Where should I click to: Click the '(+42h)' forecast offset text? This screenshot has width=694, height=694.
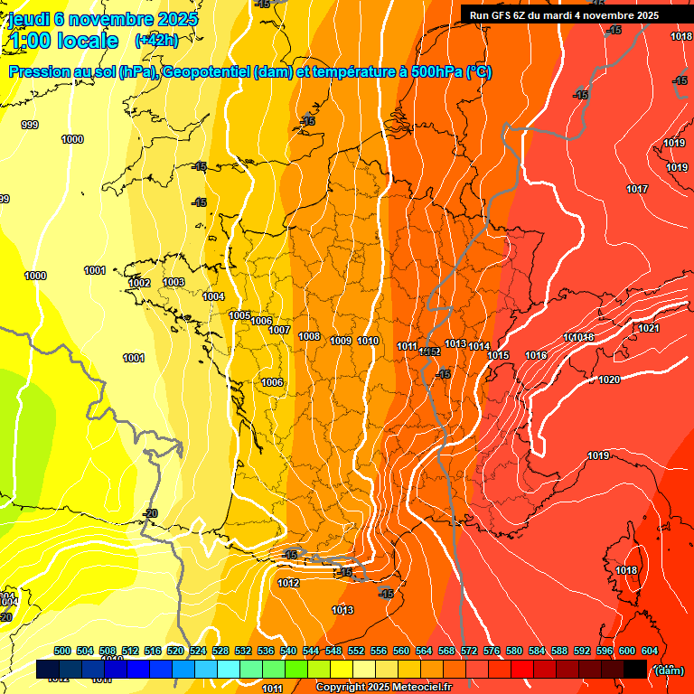click(156, 40)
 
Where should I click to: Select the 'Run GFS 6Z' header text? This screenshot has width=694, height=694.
click(499, 15)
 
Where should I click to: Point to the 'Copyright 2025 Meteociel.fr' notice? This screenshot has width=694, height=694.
click(384, 688)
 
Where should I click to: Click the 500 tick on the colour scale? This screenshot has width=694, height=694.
click(62, 651)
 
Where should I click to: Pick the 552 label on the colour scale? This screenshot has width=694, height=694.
click(356, 651)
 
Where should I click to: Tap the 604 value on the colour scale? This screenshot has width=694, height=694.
click(650, 651)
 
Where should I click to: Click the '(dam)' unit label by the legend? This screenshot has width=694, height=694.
click(669, 670)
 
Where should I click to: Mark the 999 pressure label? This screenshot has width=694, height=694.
click(30, 125)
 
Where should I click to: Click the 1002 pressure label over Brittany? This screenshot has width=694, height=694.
click(139, 283)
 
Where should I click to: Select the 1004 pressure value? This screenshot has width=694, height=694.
click(213, 296)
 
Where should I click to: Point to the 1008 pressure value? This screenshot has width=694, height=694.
click(309, 336)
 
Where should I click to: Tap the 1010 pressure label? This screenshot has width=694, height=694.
click(368, 341)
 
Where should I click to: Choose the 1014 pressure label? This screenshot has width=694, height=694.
click(479, 347)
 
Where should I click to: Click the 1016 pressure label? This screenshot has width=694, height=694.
click(536, 355)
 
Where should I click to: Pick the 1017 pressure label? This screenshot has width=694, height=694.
click(637, 189)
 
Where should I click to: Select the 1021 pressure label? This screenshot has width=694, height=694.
click(649, 328)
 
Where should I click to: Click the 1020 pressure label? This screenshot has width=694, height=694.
click(609, 380)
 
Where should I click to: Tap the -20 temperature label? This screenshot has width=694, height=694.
click(151, 513)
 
